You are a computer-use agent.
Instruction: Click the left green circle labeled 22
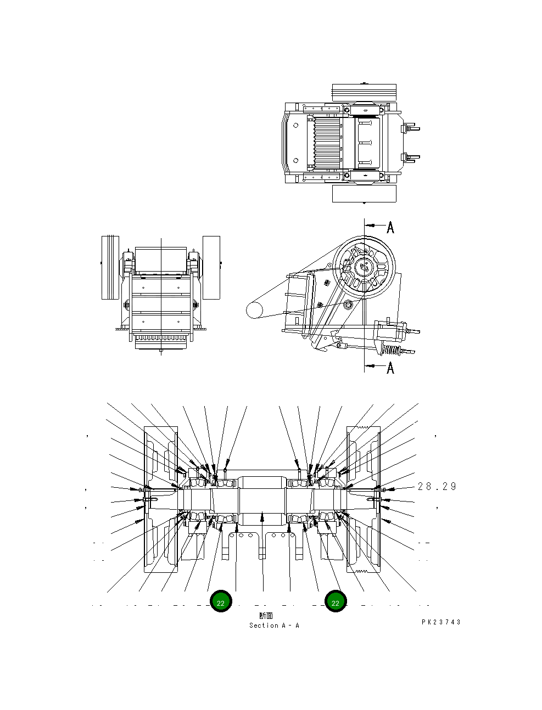click(x=221, y=602)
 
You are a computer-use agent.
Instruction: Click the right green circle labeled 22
click(x=336, y=602)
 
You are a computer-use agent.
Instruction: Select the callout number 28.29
click(x=437, y=487)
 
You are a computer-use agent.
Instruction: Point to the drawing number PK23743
click(x=441, y=622)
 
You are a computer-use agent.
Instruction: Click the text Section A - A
click(x=274, y=626)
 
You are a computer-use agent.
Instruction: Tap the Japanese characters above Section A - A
click(x=266, y=616)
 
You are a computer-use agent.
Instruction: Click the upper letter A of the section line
click(x=390, y=228)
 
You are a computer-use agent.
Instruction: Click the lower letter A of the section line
click(x=390, y=367)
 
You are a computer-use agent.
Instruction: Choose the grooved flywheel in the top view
click(x=364, y=93)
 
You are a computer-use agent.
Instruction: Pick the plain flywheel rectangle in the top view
click(x=364, y=193)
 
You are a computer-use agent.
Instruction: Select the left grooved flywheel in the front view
click(x=110, y=267)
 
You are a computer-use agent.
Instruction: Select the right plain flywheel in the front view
click(x=211, y=267)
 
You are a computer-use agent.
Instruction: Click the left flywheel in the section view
click(x=160, y=499)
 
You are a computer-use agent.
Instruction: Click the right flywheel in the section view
click(x=364, y=499)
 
